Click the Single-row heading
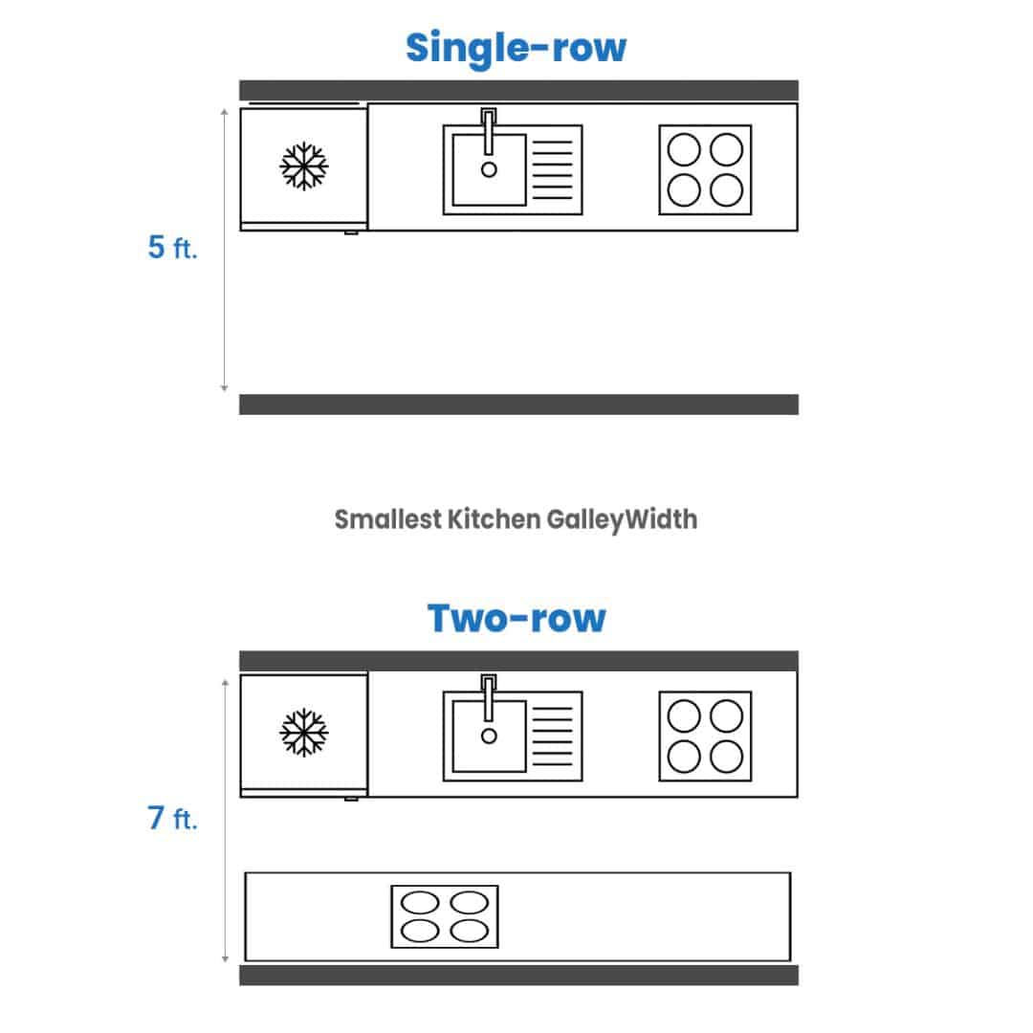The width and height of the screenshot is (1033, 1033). click(x=516, y=48)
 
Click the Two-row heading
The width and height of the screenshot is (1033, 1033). click(x=516, y=619)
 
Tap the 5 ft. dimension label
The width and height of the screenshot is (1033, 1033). click(x=172, y=247)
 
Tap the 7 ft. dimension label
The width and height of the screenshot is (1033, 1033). click(x=172, y=818)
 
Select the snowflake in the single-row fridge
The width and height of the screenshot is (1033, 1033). click(x=304, y=165)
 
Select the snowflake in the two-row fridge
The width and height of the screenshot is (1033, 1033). click(x=304, y=732)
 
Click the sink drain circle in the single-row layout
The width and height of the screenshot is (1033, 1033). click(x=489, y=170)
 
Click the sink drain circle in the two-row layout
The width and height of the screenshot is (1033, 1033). click(x=489, y=736)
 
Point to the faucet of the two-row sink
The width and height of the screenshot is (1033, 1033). click(x=488, y=697)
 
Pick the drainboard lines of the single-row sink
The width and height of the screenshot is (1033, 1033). click(x=552, y=169)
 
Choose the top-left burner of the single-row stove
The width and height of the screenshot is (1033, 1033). click(x=684, y=149)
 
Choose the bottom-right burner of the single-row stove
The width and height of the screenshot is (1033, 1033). click(x=727, y=190)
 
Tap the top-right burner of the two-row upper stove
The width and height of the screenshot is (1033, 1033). click(x=727, y=716)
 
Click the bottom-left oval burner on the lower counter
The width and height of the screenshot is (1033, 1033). click(x=420, y=931)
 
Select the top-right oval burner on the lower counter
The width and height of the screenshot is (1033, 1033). click(x=469, y=903)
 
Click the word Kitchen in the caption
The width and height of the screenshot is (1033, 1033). click(x=493, y=519)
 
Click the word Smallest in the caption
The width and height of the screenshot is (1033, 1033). click(x=388, y=519)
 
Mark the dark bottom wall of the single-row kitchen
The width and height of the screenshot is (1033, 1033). click(x=518, y=405)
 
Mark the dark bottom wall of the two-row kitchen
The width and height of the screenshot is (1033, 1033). click(x=518, y=975)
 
